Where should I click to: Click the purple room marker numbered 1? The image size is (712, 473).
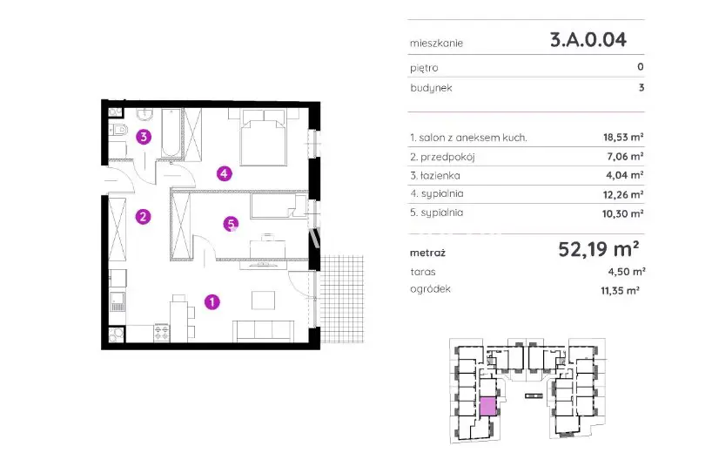(x=212, y=301)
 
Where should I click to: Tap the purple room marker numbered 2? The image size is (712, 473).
(x=143, y=217)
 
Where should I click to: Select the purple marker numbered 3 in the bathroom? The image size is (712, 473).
(x=144, y=136)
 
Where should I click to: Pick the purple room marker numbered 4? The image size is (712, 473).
(x=224, y=173)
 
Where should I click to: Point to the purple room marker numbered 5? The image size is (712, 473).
(x=231, y=224)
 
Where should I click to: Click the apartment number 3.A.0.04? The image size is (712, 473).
(x=588, y=40)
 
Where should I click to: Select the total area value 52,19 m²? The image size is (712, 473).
(x=599, y=249)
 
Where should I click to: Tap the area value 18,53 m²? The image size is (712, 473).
(x=623, y=137)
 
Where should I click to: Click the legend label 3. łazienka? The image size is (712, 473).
(x=434, y=175)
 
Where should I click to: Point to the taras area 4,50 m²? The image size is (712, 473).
(x=627, y=272)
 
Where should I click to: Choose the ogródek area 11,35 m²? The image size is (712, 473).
(x=621, y=290)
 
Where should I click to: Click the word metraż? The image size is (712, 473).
(x=427, y=253)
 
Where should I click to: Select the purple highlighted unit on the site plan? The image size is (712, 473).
(x=487, y=406)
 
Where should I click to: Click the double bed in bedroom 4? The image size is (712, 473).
(x=264, y=137)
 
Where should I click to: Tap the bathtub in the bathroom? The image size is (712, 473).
(x=171, y=132)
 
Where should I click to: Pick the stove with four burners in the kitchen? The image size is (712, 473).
(x=161, y=332)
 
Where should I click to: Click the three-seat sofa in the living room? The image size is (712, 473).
(x=264, y=331)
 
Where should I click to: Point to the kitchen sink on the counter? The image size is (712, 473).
(x=118, y=301)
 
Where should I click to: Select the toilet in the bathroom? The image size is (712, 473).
(x=118, y=131)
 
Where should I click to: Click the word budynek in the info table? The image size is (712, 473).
(x=431, y=88)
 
